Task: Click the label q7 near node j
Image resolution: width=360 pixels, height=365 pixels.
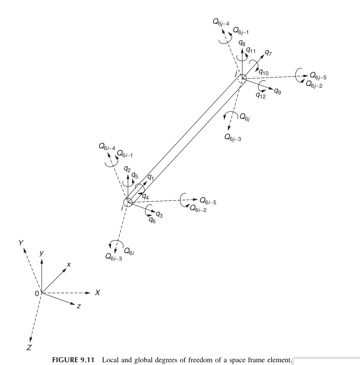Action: (268, 53)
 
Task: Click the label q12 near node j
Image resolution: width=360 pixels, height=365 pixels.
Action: (261, 94)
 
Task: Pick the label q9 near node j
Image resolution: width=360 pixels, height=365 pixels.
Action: (277, 91)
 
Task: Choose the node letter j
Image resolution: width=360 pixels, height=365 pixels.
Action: (236, 73)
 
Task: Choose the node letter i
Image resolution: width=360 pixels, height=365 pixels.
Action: (122, 208)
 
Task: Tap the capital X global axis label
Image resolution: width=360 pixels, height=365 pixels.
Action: (98, 293)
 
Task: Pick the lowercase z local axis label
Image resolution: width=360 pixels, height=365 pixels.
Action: (79, 306)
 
